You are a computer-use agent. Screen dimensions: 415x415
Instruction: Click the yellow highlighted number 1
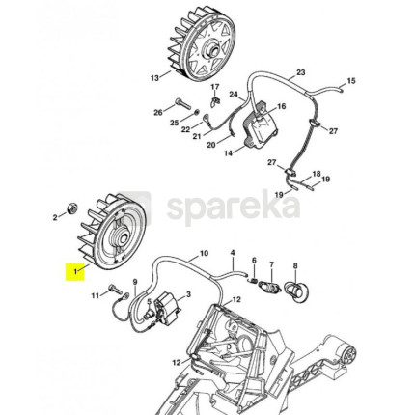pyautogui.click(x=75, y=272)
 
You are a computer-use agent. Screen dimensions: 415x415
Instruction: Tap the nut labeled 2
pyautogui.click(x=71, y=208)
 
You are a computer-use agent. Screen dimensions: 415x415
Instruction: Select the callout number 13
pyautogui.click(x=154, y=77)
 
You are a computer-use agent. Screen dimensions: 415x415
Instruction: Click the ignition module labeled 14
pyautogui.click(x=260, y=129)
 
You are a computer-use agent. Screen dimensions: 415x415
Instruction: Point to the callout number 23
pyautogui.click(x=300, y=72)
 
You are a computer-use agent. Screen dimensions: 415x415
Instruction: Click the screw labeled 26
pyautogui.click(x=183, y=104)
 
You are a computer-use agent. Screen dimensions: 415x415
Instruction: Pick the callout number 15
pyautogui.click(x=351, y=81)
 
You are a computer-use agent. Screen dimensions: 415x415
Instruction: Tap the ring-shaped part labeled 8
pyautogui.click(x=295, y=290)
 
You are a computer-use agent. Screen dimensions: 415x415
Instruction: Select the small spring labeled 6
pyautogui.click(x=254, y=280)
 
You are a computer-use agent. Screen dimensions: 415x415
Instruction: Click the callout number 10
pyautogui.click(x=204, y=254)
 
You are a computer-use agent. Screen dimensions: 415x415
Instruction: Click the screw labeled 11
pyautogui.click(x=116, y=289)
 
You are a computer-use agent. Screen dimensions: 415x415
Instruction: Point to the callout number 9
pyautogui.click(x=135, y=282)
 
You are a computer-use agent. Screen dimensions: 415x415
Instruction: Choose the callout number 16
pyautogui.click(x=281, y=106)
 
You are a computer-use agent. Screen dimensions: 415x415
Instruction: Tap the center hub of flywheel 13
pyautogui.click(x=211, y=50)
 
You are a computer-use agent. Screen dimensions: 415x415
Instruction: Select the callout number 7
pyautogui.click(x=272, y=264)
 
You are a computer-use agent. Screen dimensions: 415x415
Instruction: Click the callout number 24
pyautogui.click(x=234, y=95)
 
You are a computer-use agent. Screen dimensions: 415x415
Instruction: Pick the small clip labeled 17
pyautogui.click(x=215, y=101)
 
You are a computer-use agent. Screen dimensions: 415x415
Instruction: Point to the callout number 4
pyautogui.click(x=233, y=253)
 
